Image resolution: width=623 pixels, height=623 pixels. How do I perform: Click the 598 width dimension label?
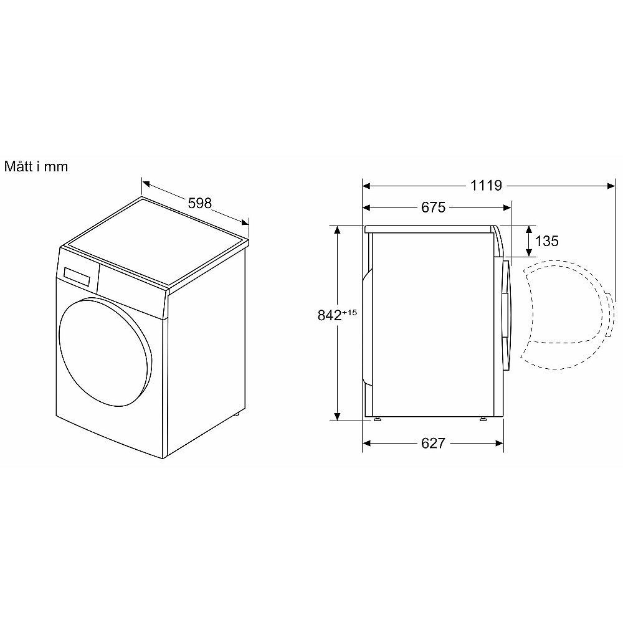[x=199, y=203]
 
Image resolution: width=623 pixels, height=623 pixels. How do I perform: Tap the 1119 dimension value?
[x=486, y=185]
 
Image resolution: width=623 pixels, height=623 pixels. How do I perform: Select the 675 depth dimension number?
[x=433, y=207]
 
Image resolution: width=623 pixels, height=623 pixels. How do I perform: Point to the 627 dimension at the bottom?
[x=433, y=443]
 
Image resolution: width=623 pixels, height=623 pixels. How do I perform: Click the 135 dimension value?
[x=547, y=240]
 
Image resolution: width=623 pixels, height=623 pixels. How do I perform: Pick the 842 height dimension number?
[x=330, y=315]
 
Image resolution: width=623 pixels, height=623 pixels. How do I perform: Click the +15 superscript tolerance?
[x=350, y=312]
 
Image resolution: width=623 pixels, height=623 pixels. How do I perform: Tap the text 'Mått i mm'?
[x=36, y=166]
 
